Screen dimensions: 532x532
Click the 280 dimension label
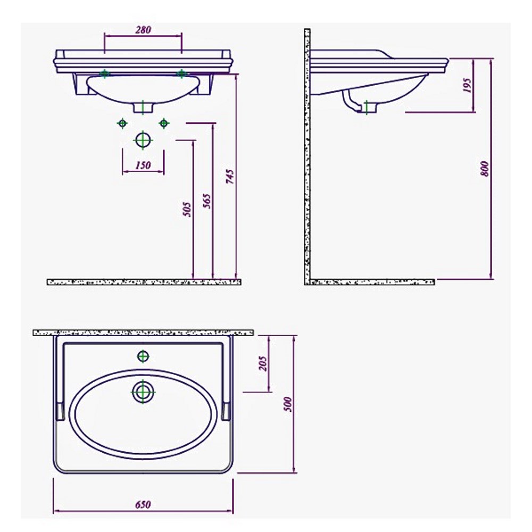tap(143, 30)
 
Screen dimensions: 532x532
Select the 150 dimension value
tap(143, 165)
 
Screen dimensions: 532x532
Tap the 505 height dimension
tap(187, 209)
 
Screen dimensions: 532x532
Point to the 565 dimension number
tap(206, 201)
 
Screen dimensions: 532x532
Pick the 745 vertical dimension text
tap(230, 177)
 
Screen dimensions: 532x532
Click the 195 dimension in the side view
tap(467, 86)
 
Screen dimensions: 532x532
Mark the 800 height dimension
tap(486, 169)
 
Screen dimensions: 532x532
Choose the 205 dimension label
tap(263, 363)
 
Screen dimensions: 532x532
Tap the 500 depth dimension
tap(288, 404)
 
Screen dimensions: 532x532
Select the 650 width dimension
tap(143, 504)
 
